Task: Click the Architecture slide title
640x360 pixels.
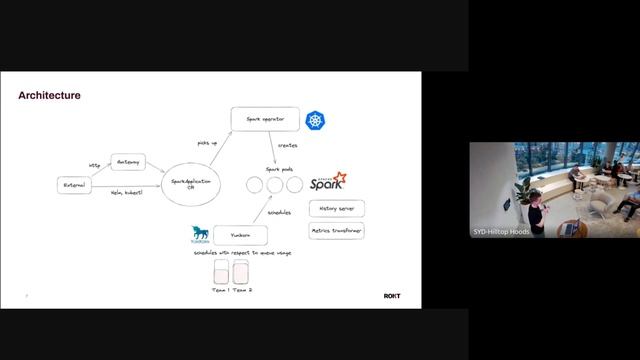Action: tap(49, 96)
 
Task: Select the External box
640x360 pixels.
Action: tap(74, 185)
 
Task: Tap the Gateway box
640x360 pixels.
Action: tap(128, 161)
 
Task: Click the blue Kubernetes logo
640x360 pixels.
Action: tap(317, 120)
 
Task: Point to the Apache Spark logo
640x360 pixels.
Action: tap(328, 182)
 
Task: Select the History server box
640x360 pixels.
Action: tap(336, 209)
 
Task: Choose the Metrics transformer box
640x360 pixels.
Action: tap(336, 230)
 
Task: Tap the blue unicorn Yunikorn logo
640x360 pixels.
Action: tap(199, 235)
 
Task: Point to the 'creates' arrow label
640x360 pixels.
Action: tap(288, 146)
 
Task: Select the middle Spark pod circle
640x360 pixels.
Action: tap(274, 185)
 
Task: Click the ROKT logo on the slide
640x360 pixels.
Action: tap(392, 296)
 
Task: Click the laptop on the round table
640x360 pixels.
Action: tap(569, 229)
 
